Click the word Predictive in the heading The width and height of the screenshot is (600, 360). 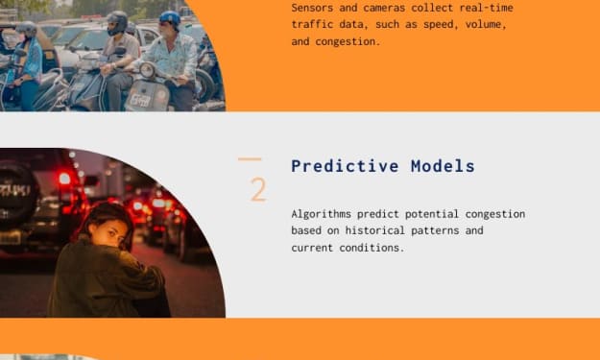(345, 166)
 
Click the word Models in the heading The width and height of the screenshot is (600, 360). (443, 166)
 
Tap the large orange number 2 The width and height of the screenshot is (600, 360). (258, 190)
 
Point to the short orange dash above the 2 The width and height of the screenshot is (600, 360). (250, 158)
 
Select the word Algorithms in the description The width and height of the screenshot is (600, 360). (321, 214)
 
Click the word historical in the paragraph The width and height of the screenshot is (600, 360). (374, 230)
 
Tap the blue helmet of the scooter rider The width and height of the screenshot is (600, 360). (170, 18)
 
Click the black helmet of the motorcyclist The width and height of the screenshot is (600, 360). (117, 22)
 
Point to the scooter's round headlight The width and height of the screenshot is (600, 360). (147, 70)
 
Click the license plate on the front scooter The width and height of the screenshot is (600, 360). (140, 101)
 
